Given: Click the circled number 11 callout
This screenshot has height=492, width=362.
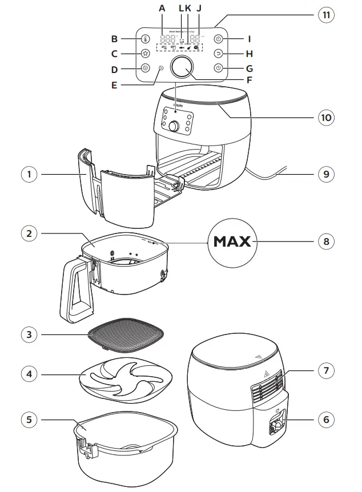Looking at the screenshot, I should [x=325, y=15].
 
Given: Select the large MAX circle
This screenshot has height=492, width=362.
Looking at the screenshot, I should [x=232, y=241].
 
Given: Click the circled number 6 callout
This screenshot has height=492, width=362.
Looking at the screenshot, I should [x=325, y=419].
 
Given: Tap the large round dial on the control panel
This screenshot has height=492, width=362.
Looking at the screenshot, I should [x=181, y=67].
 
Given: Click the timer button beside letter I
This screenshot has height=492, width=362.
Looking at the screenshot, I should [x=218, y=40].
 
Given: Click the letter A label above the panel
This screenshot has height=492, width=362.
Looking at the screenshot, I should [x=162, y=9].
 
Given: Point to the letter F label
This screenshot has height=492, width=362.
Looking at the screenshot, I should [x=249, y=80].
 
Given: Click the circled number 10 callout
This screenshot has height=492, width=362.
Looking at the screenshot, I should [x=325, y=118].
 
